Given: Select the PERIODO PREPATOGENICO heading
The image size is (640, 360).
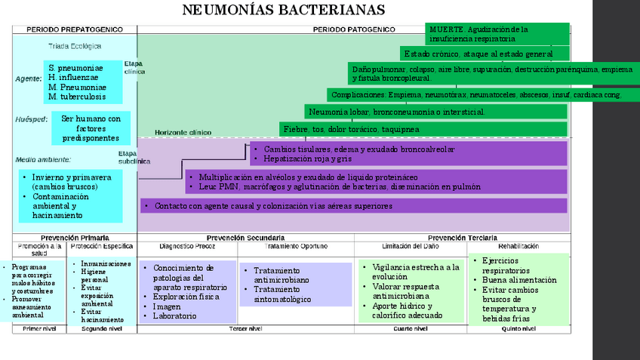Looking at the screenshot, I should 74,29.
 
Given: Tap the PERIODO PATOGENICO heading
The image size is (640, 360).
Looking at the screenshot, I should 354,29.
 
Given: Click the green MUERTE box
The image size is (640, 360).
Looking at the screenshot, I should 497,33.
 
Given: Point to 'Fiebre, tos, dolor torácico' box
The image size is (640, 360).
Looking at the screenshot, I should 423,129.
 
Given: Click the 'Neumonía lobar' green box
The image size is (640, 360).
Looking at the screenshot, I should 436,112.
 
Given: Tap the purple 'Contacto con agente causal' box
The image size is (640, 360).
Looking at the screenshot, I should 353,205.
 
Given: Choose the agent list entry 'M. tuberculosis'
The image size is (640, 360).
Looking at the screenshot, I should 76,97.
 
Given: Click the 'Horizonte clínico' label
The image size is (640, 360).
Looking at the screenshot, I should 183,132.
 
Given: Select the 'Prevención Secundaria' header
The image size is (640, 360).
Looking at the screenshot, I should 245,238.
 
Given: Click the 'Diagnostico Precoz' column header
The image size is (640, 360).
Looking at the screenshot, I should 188,246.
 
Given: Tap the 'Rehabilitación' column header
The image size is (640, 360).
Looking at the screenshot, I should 518,246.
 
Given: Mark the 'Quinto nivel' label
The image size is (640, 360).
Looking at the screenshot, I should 518,328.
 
